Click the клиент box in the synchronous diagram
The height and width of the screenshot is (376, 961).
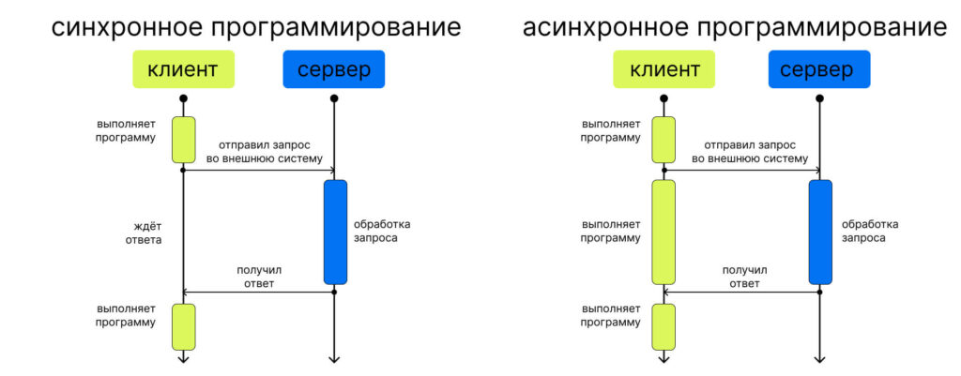click(183, 69)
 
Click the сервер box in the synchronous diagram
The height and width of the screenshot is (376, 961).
click(334, 69)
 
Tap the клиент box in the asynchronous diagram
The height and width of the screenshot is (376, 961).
click(664, 69)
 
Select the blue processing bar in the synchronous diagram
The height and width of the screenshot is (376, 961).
click(335, 232)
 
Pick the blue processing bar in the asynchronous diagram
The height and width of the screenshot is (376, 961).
click(820, 232)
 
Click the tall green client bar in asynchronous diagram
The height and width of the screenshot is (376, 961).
click(664, 232)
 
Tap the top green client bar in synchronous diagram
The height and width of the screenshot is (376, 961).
click(183, 140)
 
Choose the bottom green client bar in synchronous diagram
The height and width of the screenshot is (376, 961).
click(183, 326)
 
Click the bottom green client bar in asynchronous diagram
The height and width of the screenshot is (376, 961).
click(664, 326)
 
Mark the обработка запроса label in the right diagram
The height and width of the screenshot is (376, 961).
click(870, 231)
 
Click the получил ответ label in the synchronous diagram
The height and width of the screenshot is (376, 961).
click(259, 277)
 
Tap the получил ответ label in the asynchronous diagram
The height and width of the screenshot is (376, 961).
click(744, 277)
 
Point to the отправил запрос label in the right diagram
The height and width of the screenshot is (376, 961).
click(750, 152)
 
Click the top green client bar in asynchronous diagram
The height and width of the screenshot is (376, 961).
click(664, 140)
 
